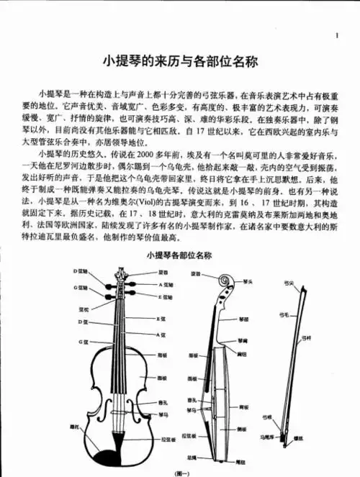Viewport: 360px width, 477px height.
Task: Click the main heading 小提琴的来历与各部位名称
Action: click(179, 63)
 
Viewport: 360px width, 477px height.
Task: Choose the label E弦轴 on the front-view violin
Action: click(165, 296)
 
